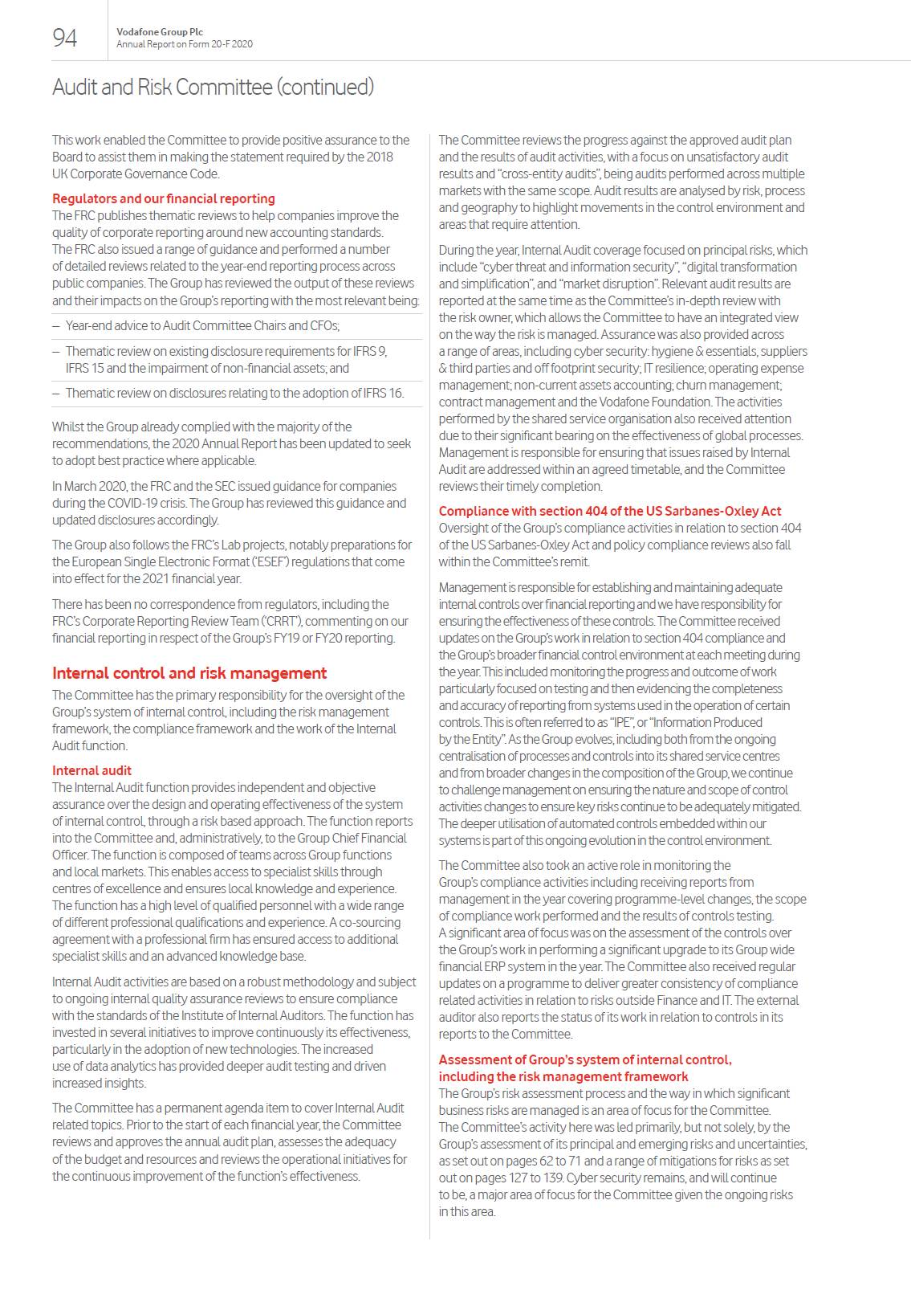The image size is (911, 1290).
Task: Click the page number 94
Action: pos(65,38)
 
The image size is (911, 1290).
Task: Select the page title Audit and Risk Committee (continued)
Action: pos(213,87)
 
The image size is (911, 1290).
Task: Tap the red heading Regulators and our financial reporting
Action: pos(163,198)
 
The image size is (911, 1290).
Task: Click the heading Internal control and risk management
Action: pos(189,673)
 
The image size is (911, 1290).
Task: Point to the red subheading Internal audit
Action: pos(92,770)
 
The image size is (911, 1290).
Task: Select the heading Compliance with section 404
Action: pos(609,511)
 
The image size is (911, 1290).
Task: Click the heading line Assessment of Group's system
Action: pos(584,1059)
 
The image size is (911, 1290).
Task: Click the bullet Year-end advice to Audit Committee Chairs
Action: pos(202,325)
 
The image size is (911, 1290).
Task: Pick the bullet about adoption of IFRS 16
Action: pos(234,393)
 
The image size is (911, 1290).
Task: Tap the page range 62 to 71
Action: pos(557,1161)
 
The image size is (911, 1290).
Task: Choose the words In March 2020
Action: pos(88,486)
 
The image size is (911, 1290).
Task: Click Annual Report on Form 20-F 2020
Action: pos(184,44)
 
